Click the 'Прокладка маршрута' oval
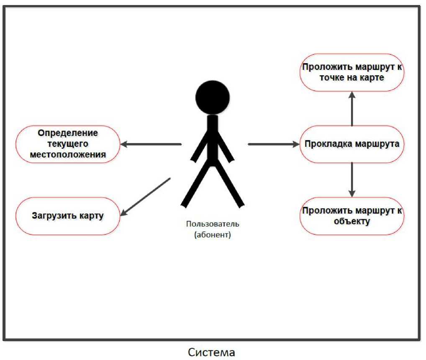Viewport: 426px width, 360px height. click(x=352, y=144)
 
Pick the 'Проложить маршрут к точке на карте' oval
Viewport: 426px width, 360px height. click(x=352, y=72)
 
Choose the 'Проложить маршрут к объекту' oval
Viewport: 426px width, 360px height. click(x=352, y=216)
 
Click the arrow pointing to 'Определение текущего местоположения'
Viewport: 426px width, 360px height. click(x=151, y=144)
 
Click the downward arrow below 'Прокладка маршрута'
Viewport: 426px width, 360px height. click(x=352, y=180)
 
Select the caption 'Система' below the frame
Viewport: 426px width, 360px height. click(x=212, y=352)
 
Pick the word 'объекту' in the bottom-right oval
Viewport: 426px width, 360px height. click(x=352, y=221)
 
